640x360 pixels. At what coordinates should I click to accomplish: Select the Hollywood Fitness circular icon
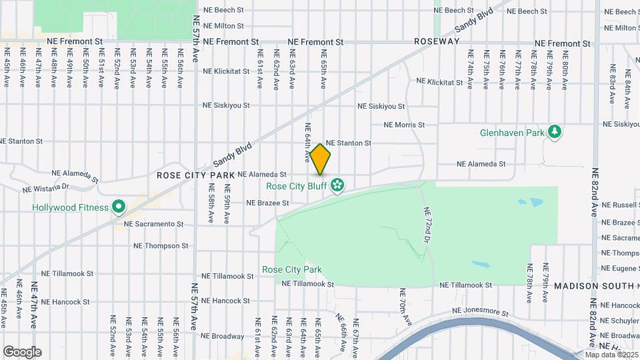118,207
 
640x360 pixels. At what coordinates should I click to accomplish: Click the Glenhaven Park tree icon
554,132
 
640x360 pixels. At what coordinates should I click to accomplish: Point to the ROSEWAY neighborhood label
437,41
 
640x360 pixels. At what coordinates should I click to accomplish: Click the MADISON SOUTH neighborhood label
594,286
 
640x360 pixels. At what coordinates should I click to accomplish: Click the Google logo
22,351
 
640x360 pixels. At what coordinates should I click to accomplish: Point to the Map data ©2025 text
611,354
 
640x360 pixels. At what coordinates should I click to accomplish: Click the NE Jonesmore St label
480,311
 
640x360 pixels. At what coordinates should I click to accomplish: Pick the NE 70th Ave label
404,307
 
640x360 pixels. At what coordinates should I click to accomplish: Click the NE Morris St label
404,125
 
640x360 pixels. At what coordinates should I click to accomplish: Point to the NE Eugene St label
620,268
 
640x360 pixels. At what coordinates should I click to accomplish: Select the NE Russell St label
620,205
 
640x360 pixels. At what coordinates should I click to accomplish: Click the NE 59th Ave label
227,209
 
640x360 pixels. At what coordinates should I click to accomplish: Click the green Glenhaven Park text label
511,133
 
